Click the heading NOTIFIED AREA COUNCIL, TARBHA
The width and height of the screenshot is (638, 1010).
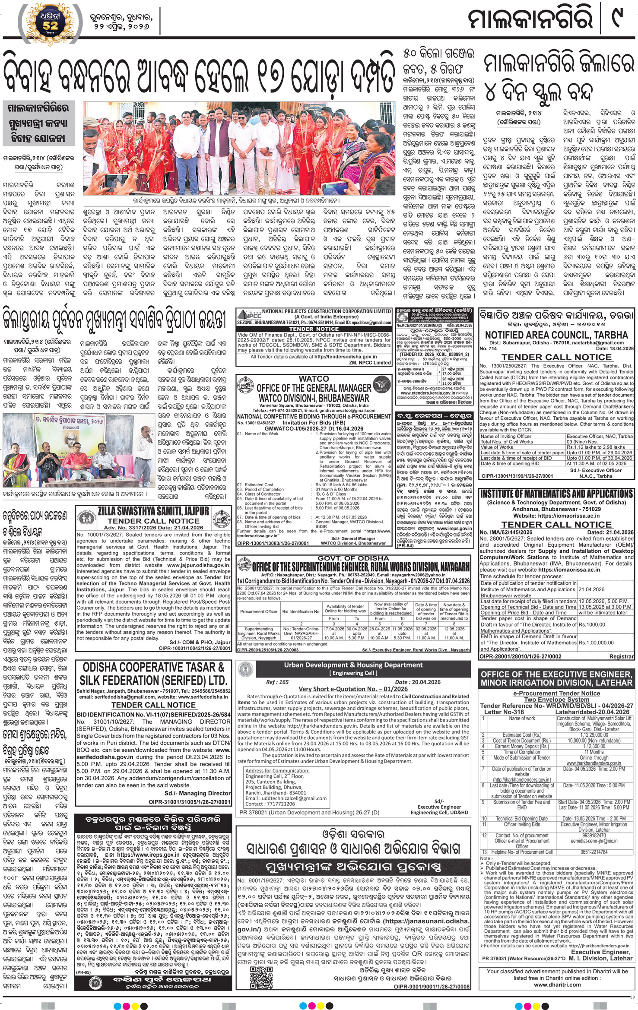[x=556, y=335]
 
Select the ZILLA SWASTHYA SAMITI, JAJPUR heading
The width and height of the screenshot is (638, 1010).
[x=153, y=512]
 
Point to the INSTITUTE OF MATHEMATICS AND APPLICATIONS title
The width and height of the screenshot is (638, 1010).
[x=556, y=494]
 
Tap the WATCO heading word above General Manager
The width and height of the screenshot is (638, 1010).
[x=314, y=379]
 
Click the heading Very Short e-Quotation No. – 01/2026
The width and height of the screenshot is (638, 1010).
[x=353, y=689]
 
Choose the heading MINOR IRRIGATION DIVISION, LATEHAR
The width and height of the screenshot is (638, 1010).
[x=556, y=683]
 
